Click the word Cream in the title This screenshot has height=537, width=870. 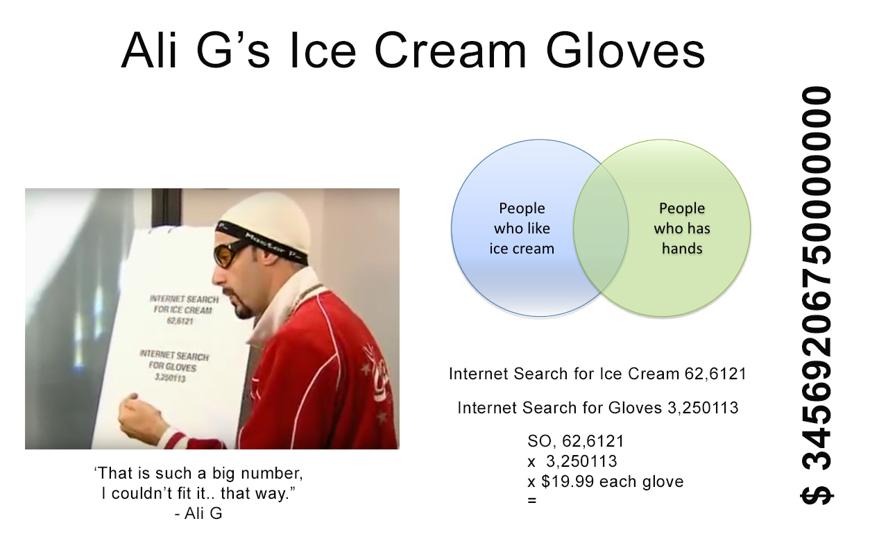(450, 51)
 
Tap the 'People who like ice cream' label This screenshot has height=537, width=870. (522, 229)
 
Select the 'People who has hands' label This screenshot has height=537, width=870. (682, 229)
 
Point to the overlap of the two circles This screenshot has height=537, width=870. (601, 228)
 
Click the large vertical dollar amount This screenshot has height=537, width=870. (817, 295)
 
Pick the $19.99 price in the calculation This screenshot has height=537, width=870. (568, 481)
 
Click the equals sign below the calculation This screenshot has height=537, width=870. (531, 500)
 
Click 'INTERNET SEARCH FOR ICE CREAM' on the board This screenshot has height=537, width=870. (183, 304)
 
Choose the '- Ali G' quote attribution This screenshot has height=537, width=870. (198, 513)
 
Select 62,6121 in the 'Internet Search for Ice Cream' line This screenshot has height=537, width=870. (715, 374)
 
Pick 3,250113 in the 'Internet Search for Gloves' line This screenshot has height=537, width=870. (703, 408)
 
